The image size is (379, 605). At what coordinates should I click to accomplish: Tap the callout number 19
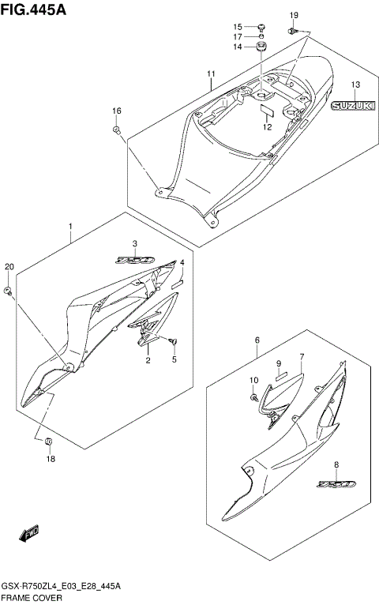[x=294, y=16]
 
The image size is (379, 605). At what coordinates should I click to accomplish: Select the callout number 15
[x=237, y=27]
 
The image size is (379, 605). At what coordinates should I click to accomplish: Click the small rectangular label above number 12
[x=267, y=111]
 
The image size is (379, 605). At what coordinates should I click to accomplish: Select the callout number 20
[x=9, y=267]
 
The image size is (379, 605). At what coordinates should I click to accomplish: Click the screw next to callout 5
[x=173, y=341]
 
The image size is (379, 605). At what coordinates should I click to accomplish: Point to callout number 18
[x=51, y=459]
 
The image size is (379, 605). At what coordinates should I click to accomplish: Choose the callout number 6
[x=257, y=340]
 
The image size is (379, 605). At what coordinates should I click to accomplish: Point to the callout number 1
[x=70, y=226]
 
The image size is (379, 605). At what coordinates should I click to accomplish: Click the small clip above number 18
[x=48, y=441]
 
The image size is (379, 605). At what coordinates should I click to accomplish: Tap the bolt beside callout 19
[x=293, y=31]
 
